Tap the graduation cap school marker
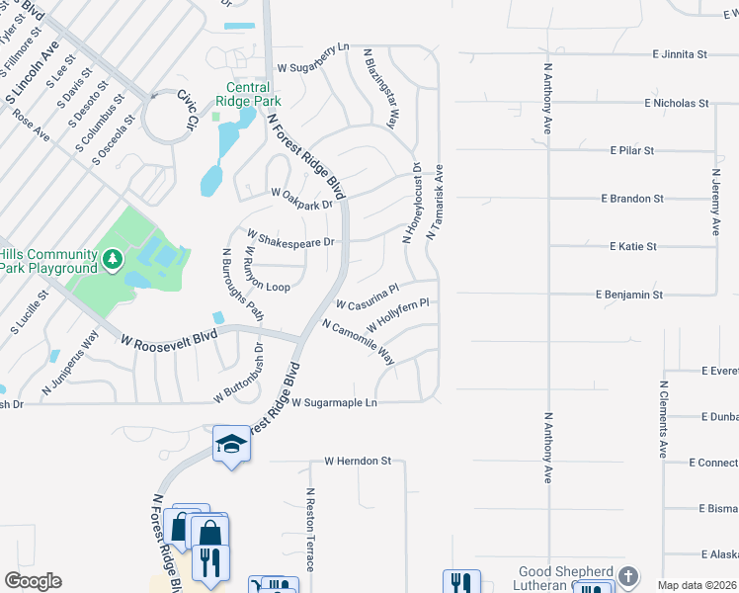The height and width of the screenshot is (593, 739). tap(230, 443)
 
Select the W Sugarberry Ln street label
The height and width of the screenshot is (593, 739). tap(313, 67)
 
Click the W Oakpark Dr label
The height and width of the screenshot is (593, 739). tap(301, 193)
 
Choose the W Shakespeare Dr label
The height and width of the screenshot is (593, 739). tap(291, 238)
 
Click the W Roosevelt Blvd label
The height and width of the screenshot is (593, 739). tap(168, 339)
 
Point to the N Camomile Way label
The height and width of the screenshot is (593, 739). tap(358, 342)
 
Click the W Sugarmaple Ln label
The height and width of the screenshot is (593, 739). tap(334, 403)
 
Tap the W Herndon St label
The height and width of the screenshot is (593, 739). tap(359, 462)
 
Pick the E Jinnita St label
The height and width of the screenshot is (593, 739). tap(680, 55)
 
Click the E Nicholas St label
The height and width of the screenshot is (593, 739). tap(677, 103)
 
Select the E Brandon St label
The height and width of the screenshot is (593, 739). tap(632, 199)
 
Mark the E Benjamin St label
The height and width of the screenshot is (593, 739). tap(629, 295)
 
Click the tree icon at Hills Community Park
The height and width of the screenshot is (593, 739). tap(114, 260)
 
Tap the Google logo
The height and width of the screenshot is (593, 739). tap(33, 581)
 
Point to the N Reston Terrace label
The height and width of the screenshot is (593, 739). tap(309, 530)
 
